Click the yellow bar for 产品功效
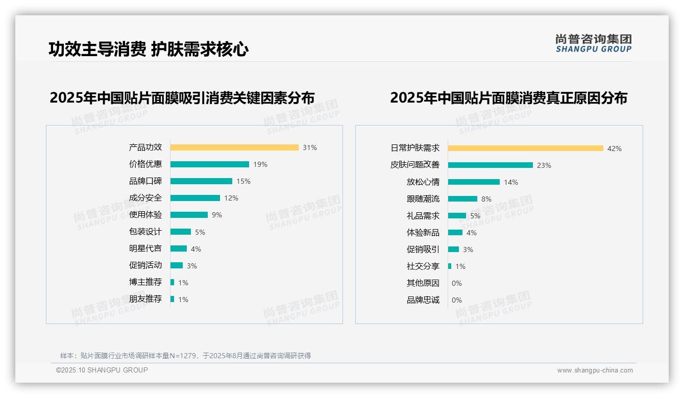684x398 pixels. [x=234, y=147]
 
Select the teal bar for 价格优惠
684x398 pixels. [x=210, y=164]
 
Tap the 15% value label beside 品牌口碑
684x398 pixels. [x=243, y=181]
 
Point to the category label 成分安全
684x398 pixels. [x=145, y=198]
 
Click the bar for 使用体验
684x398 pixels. [x=189, y=215]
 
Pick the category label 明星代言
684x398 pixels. [x=145, y=248]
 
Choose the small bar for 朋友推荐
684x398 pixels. [x=173, y=299]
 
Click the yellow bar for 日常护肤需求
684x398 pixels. [x=526, y=148]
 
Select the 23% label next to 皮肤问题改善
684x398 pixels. [x=544, y=165]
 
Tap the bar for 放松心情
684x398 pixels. [x=474, y=182]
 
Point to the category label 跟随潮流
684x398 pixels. [x=423, y=199]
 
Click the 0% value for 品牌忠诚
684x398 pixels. [x=457, y=300]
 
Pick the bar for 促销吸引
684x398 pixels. [x=454, y=250]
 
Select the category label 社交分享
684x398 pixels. [x=423, y=266]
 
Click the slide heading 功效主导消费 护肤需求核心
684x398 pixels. [x=148, y=49]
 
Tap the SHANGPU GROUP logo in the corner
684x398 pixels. [x=594, y=43]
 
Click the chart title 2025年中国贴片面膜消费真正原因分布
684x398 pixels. [x=508, y=97]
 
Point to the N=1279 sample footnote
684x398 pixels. [x=185, y=356]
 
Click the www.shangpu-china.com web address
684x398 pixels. [x=595, y=370]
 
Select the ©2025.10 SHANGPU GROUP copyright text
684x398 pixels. [x=102, y=370]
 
